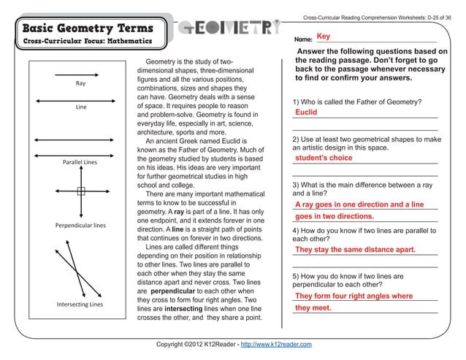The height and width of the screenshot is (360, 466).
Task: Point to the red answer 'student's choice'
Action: click(x=324, y=158)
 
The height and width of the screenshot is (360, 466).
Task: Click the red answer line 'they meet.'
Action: click(x=313, y=307)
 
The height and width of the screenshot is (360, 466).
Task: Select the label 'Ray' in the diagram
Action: click(x=80, y=83)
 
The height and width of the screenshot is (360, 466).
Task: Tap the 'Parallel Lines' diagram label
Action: click(x=80, y=161)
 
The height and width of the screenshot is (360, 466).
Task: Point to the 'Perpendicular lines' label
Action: click(x=80, y=225)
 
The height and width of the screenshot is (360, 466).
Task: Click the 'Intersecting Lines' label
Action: click(x=80, y=303)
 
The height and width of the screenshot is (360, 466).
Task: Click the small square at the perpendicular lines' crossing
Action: click(x=81, y=192)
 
